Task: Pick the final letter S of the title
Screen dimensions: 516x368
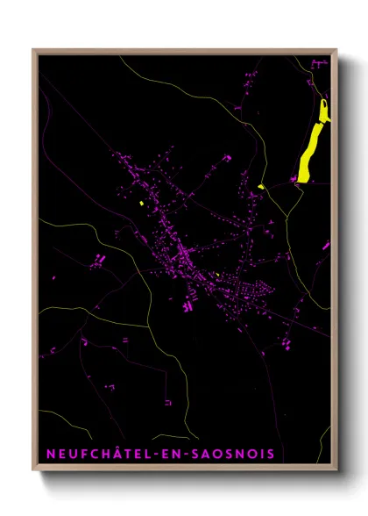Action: pos(270,454)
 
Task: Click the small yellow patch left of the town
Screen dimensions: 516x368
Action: pos(140,204)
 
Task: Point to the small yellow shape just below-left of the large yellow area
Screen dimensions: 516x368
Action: pos(261,186)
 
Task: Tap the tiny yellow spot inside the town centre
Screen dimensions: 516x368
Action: pos(216,274)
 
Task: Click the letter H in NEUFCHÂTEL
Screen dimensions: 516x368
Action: pos(106,454)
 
